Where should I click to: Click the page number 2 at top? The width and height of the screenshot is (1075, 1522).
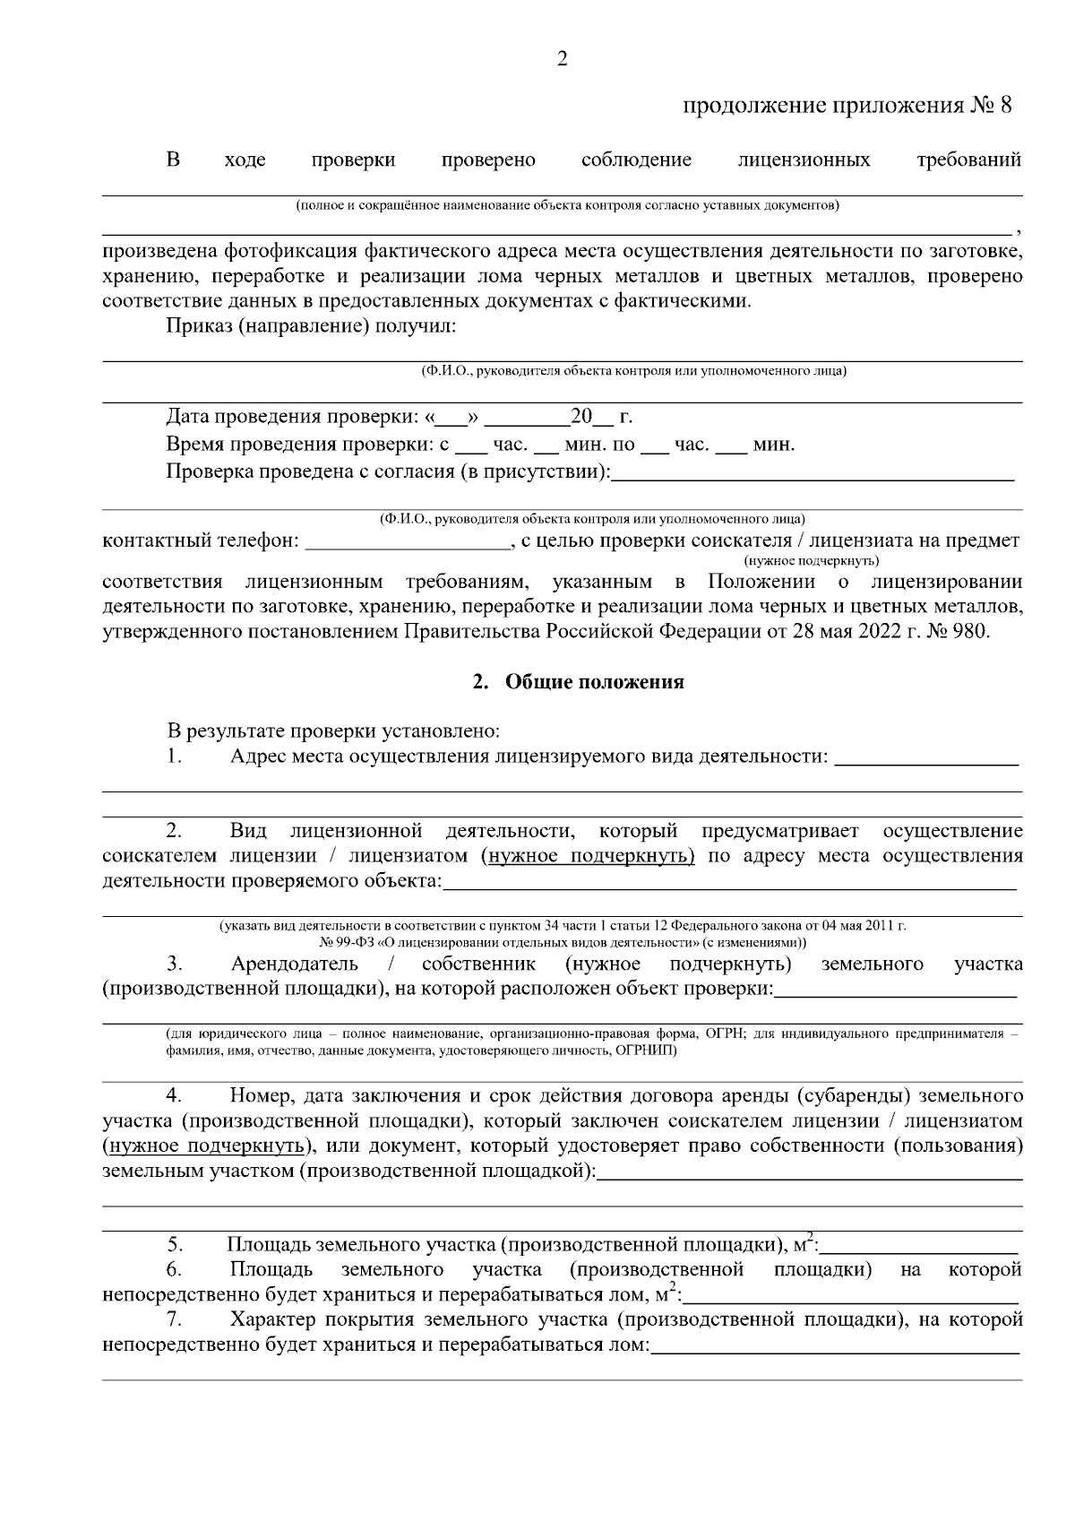pyautogui.click(x=562, y=60)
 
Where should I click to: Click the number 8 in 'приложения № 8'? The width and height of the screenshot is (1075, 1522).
pyautogui.click(x=1005, y=106)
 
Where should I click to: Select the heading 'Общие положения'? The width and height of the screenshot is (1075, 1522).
pyautogui.click(x=595, y=682)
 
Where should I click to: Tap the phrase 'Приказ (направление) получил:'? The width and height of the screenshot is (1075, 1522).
pyautogui.click(x=311, y=325)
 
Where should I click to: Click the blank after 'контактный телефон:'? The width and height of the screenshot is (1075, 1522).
pyautogui.click(x=408, y=540)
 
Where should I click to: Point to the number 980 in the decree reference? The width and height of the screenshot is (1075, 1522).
pyautogui.click(x=971, y=631)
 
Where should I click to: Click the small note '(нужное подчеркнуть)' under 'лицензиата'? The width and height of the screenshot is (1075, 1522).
pyautogui.click(x=811, y=560)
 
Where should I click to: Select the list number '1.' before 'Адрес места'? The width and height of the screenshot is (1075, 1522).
pyautogui.click(x=175, y=756)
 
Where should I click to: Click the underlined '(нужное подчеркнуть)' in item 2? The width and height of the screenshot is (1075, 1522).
pyautogui.click(x=588, y=855)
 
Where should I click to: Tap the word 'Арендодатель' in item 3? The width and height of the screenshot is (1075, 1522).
pyautogui.click(x=294, y=964)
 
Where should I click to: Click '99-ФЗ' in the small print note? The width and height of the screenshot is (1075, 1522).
pyautogui.click(x=356, y=943)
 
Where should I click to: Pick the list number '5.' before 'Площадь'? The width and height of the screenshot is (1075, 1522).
pyautogui.click(x=175, y=1245)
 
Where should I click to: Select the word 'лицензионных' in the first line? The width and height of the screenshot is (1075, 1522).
pyautogui.click(x=804, y=160)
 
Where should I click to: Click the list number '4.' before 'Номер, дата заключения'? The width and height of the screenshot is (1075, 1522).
pyautogui.click(x=175, y=1095)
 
